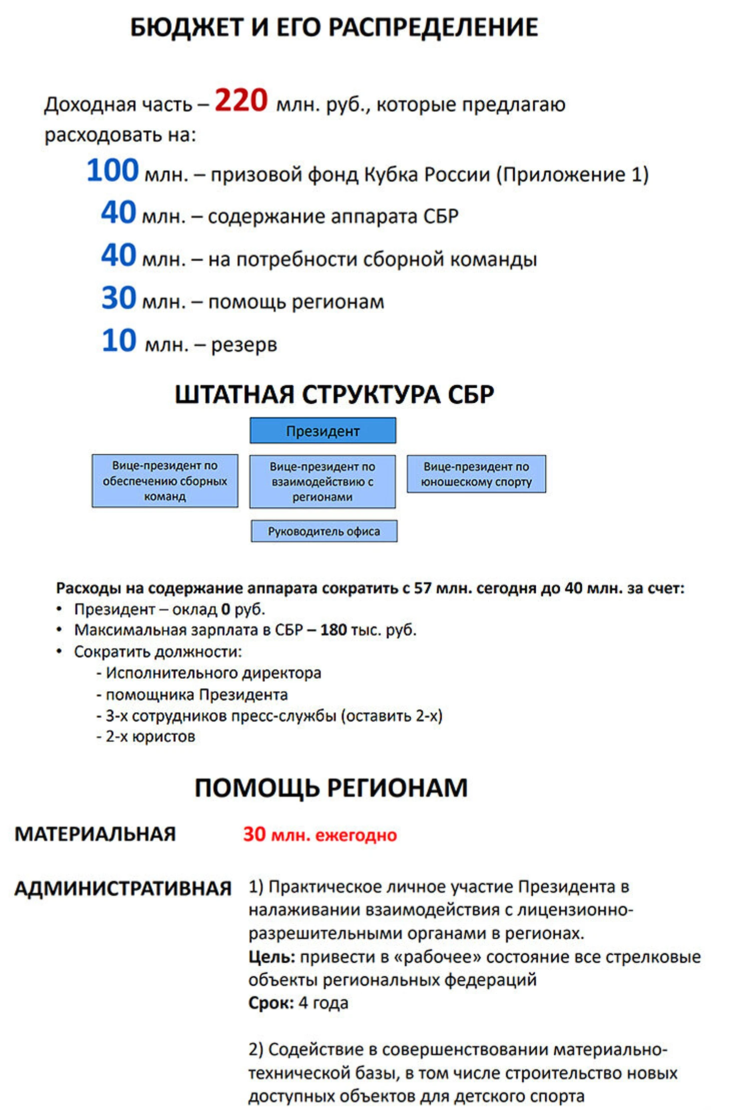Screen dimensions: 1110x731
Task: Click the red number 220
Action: tap(241, 100)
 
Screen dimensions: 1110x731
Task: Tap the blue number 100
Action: tap(113, 170)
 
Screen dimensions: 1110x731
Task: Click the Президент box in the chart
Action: tap(322, 431)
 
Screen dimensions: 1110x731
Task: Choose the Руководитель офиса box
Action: tap(324, 531)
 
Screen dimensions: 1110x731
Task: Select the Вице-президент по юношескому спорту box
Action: tap(476, 474)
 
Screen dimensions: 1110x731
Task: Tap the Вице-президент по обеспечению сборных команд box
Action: tap(165, 481)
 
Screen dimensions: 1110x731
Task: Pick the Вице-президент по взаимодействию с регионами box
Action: tap(322, 481)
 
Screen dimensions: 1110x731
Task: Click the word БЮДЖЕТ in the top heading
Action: tap(187, 28)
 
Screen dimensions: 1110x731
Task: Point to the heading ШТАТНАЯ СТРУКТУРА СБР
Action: tap(334, 395)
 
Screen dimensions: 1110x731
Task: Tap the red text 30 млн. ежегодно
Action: tap(320, 835)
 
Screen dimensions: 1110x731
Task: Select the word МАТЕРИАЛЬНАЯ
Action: tap(95, 835)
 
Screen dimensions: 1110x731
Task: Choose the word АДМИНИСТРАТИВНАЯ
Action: tap(123, 889)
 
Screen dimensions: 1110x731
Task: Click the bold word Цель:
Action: tap(272, 957)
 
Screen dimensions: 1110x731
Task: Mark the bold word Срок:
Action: tap(271, 1003)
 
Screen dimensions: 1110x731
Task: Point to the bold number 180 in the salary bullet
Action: tap(333, 630)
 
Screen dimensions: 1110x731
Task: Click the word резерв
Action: tap(244, 345)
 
